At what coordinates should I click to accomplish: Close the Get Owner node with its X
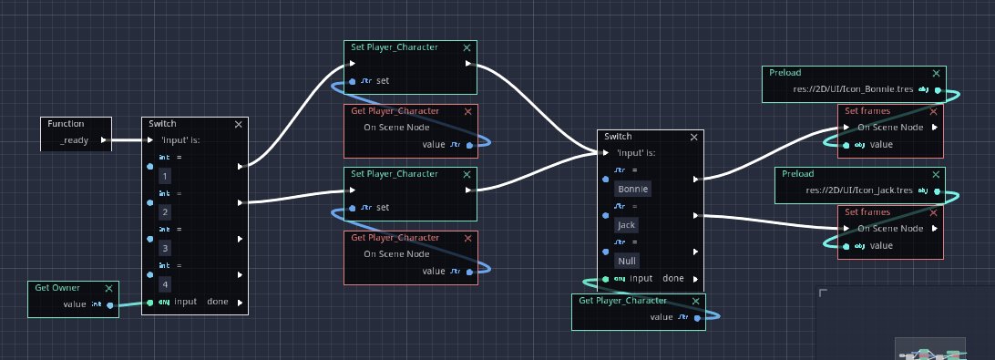coord(109,288)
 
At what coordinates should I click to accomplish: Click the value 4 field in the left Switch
coord(164,283)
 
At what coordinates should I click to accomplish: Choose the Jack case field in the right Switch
coord(627,224)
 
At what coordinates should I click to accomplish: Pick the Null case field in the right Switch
coord(626,261)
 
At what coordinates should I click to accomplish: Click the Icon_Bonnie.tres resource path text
coord(841,90)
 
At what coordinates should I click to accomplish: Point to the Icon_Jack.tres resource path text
coord(846,191)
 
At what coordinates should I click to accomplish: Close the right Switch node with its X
coord(695,137)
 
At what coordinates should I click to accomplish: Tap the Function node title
coord(66,123)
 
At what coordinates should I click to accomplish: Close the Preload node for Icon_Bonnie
coord(935,73)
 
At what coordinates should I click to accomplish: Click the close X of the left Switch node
coord(239,124)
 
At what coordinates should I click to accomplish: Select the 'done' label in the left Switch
coord(218,302)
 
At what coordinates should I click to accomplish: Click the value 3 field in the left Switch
coord(164,247)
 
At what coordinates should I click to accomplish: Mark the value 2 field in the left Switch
coord(164,211)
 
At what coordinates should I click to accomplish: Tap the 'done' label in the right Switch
coord(673,278)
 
